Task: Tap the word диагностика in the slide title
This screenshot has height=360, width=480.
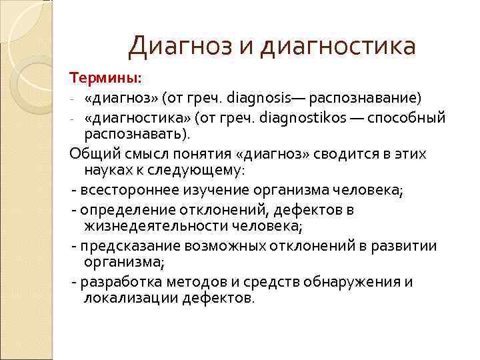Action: click(x=338, y=46)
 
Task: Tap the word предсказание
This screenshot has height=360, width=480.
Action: click(x=125, y=246)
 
